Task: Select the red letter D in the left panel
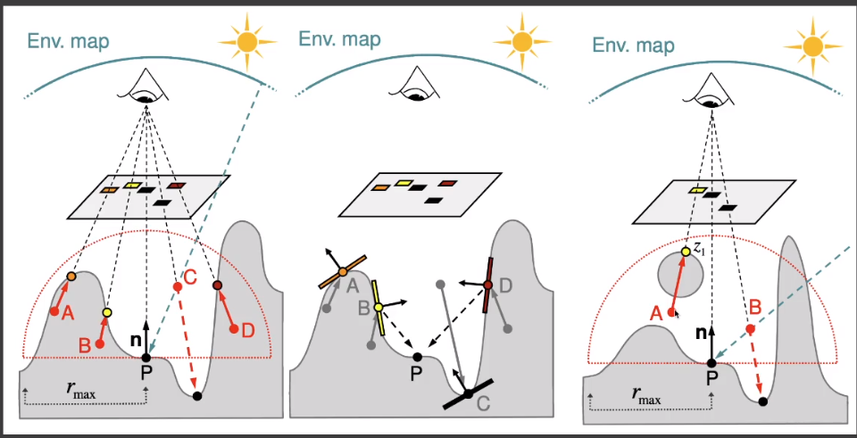[x=248, y=330]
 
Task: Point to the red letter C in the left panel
[x=192, y=275]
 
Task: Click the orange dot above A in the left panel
[x=71, y=277]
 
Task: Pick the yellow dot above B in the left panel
[x=107, y=313]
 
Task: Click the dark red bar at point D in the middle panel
[x=489, y=285]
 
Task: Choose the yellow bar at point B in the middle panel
[x=379, y=306]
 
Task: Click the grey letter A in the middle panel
[x=353, y=285]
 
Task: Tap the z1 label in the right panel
[x=700, y=249]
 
